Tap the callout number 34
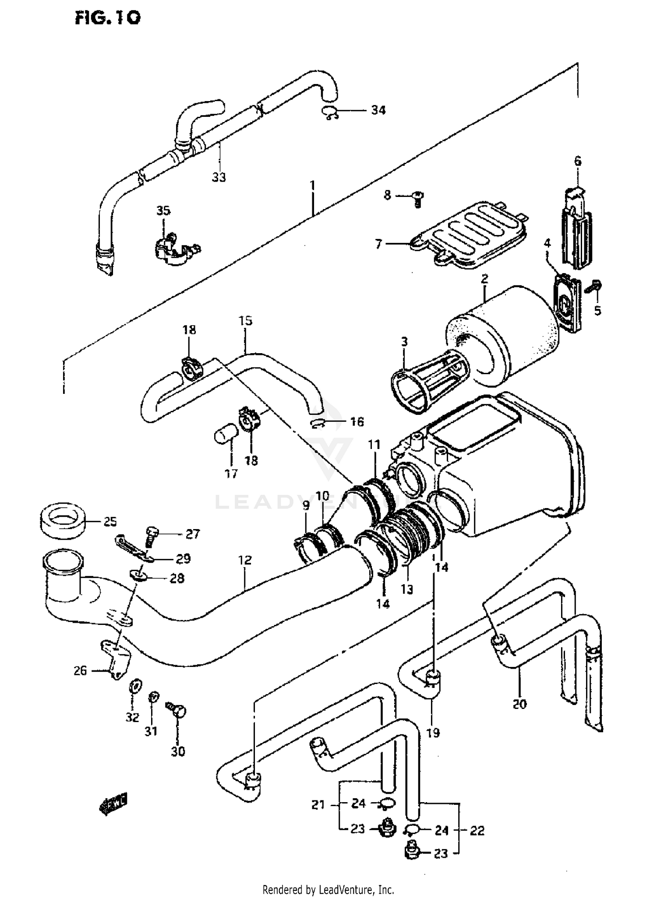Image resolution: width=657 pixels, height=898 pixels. (378, 110)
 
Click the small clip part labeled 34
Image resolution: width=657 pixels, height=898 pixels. (331, 113)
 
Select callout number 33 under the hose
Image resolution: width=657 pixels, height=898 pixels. (219, 177)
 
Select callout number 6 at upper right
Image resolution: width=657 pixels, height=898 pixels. (578, 161)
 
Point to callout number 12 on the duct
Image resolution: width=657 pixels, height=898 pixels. (245, 560)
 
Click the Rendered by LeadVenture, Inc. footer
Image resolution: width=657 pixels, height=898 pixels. (328, 890)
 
